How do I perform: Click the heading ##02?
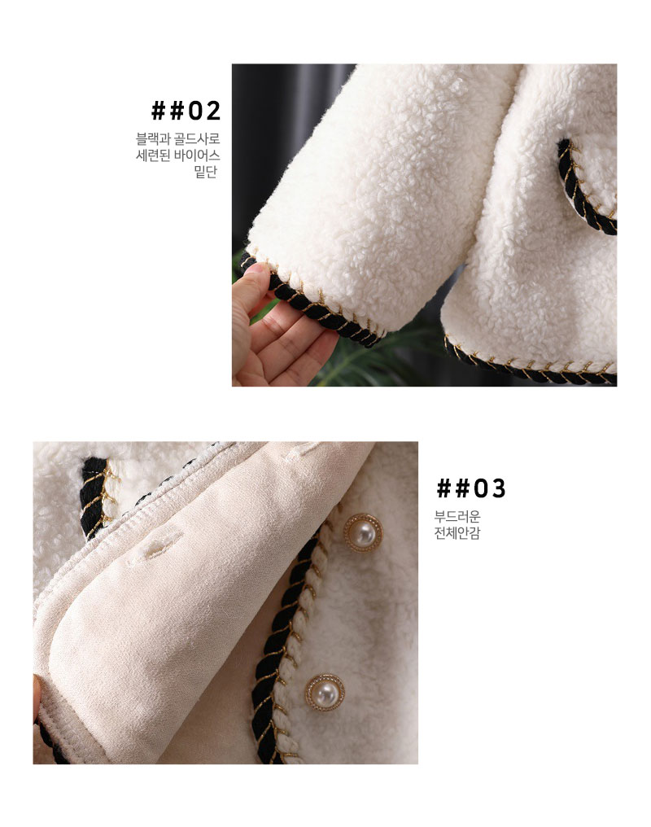click(186, 111)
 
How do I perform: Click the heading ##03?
click(470, 488)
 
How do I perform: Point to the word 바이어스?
click(197, 155)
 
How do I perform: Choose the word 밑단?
click(206, 172)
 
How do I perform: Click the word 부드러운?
click(457, 516)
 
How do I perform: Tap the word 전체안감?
click(457, 532)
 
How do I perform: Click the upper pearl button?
click(363, 532)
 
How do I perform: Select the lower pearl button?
click(325, 693)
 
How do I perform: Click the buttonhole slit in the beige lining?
click(155, 546)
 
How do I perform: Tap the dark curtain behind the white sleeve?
click(279, 153)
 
